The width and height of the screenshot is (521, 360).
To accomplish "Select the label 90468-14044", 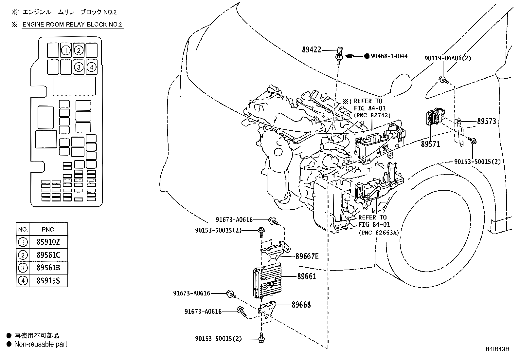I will (x=389, y=56).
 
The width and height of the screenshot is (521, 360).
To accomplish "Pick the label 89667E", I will (x=307, y=256).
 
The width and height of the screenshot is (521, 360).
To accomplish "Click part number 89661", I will (x=307, y=276).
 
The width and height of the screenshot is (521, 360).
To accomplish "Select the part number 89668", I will (x=301, y=305).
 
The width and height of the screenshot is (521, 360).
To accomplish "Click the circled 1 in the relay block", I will (x=66, y=50).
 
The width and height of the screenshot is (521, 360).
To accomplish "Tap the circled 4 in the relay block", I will (x=91, y=67).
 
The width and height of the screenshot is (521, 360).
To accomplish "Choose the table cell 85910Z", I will (x=48, y=242).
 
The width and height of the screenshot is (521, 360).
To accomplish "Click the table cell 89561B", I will (x=48, y=268).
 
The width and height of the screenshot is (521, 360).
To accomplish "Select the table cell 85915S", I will (x=48, y=281).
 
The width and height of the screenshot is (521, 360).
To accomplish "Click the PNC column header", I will (x=48, y=229).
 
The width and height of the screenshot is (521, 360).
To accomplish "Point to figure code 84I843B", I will (x=497, y=349).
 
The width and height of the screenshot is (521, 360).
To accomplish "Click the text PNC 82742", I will (x=372, y=115).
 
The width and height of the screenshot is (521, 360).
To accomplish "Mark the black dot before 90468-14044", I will (x=367, y=56).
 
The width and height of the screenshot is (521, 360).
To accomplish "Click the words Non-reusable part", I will (x=41, y=344).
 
